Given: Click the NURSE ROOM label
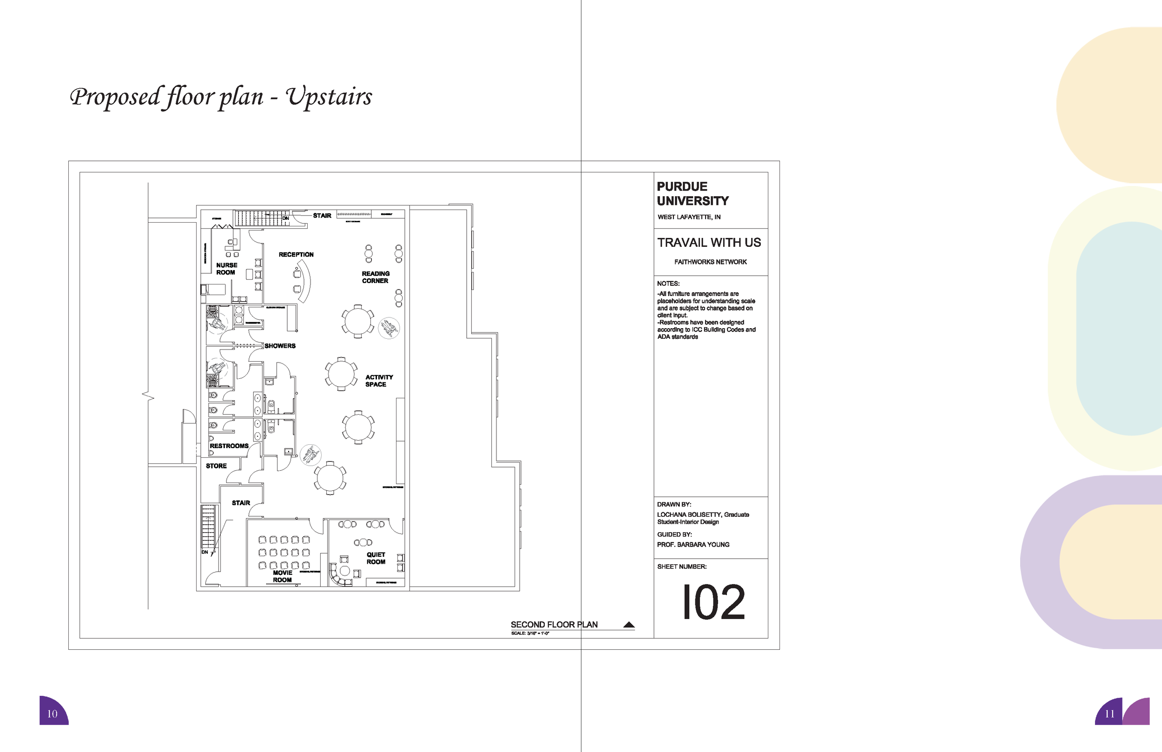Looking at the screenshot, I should tap(226, 269).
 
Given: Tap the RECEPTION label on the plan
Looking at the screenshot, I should tap(296, 254).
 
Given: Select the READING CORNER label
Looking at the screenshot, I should tap(376, 277).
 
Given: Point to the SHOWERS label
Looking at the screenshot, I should tap(280, 346).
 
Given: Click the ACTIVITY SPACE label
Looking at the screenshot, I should tap(379, 380).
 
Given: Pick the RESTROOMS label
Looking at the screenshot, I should tap(229, 446).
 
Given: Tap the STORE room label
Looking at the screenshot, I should tap(216, 466).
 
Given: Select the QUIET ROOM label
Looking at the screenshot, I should tap(376, 558).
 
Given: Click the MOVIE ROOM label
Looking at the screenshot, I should tap(282, 576).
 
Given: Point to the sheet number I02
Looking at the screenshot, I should tap(713, 602).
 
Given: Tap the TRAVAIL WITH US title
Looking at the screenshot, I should tap(709, 243).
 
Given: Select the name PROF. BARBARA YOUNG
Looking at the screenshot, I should tap(693, 544).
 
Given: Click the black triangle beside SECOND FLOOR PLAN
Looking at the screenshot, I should tap(629, 625).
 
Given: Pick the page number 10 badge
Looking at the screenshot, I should tap(53, 713).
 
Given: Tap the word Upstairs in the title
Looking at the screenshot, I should tap(329, 97).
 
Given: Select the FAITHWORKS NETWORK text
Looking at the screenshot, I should tap(710, 262).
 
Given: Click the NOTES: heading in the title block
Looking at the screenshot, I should tap(668, 284).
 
